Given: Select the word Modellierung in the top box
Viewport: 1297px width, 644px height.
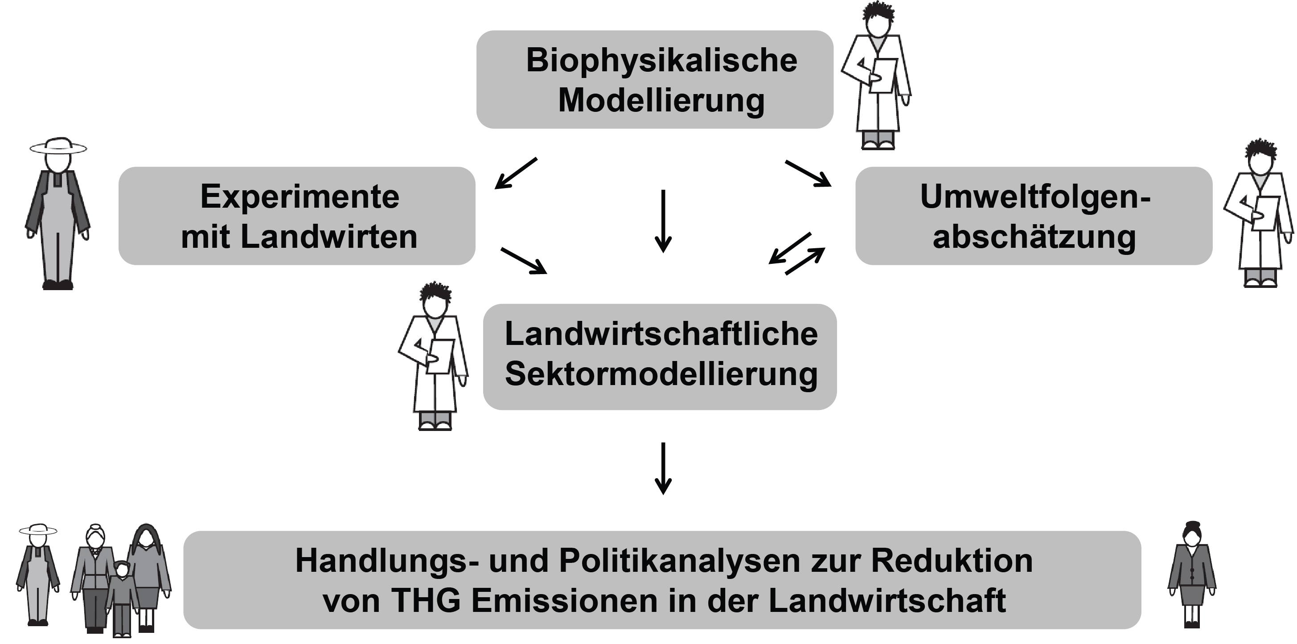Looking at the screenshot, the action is click(x=661, y=101).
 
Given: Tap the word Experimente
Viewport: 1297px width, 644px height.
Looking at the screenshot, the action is click(x=300, y=197).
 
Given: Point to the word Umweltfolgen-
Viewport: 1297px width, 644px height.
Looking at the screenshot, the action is click(x=1035, y=197).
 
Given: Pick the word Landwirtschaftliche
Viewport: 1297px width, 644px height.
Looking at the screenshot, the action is click(x=661, y=334).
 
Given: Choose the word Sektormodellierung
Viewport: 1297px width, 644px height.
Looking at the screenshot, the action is click(x=661, y=375).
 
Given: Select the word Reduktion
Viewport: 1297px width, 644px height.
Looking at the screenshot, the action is click(x=952, y=561).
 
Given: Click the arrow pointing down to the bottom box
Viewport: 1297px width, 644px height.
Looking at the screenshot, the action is click(x=663, y=469).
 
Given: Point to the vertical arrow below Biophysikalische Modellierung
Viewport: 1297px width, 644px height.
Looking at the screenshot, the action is click(x=663, y=221).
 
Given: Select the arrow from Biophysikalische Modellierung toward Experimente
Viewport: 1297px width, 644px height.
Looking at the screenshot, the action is click(x=516, y=173).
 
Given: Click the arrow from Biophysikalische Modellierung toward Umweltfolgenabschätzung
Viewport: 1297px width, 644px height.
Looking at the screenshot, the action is click(x=808, y=174).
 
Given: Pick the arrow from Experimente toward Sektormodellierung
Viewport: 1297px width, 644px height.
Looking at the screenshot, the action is click(x=524, y=260).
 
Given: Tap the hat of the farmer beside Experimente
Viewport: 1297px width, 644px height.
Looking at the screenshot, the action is click(x=58, y=146).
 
